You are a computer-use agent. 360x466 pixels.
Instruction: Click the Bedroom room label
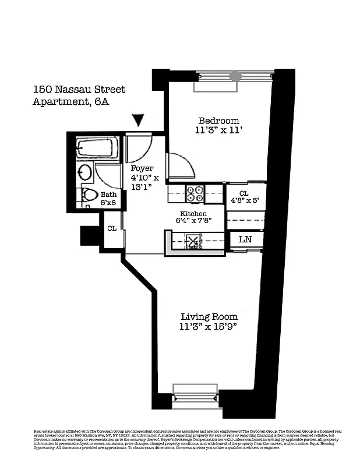tap(217, 121)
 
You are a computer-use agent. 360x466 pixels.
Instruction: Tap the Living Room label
tap(209, 317)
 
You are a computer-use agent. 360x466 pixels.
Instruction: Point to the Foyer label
tap(142, 168)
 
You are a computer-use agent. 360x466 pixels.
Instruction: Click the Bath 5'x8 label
tap(108, 199)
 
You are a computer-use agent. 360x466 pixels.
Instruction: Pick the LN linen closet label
tap(245, 239)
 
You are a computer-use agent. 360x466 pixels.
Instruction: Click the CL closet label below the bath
tap(111, 228)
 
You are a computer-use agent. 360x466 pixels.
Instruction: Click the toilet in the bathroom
tap(89, 195)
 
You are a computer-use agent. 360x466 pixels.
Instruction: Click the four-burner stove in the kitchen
tap(195, 193)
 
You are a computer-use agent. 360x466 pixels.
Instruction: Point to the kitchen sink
tap(193, 240)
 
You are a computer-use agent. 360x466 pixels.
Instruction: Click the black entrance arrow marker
tap(137, 120)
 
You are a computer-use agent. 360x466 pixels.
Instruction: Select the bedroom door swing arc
tap(181, 165)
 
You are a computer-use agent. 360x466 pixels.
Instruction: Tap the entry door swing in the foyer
tap(139, 148)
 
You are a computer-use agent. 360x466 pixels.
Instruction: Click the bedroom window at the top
tap(234, 76)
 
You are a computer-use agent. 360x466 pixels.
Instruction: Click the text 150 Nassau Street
tap(79, 90)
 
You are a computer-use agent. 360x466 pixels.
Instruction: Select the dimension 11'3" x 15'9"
tap(209, 327)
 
